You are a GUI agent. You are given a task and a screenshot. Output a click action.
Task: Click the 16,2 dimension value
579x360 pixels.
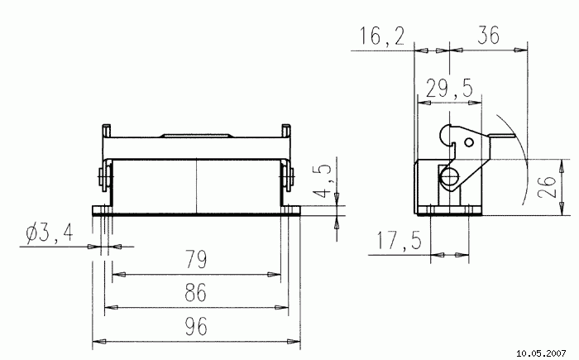382,36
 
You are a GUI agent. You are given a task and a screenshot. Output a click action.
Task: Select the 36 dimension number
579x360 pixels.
488,35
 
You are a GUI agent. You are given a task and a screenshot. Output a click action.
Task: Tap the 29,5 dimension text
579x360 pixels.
449,89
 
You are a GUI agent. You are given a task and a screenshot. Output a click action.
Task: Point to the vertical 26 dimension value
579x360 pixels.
547,187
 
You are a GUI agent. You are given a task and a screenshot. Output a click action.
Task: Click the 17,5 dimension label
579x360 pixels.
399,240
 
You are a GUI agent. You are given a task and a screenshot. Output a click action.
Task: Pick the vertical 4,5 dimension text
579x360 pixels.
322,180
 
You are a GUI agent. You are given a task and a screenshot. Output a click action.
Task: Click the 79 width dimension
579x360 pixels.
196,259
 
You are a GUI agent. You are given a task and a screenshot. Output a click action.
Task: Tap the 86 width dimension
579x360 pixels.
196,292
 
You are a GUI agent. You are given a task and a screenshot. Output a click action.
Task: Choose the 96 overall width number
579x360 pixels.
196,326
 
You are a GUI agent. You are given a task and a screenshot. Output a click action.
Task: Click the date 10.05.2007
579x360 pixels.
541,353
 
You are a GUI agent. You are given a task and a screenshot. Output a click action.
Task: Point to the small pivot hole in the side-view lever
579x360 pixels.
469,142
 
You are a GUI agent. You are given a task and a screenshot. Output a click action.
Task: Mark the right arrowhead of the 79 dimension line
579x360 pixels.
274,275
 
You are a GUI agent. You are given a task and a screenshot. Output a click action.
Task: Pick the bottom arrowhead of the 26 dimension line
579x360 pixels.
562,209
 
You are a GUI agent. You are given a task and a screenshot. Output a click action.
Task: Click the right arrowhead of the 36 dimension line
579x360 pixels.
520,50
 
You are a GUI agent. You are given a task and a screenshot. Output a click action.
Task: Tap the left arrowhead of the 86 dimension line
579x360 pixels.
112,307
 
